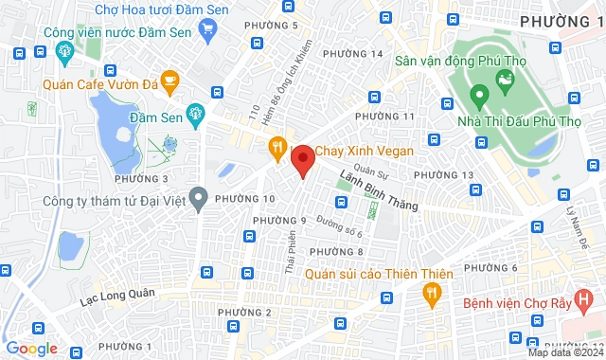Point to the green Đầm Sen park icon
point(195,115)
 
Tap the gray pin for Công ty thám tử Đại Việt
point(198,199)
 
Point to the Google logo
point(31,349)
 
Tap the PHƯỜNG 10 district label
point(244,199)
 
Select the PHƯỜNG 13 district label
point(443,175)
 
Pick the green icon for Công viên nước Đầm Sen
point(43,53)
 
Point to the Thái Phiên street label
point(290,254)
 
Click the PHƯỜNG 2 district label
point(244,313)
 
